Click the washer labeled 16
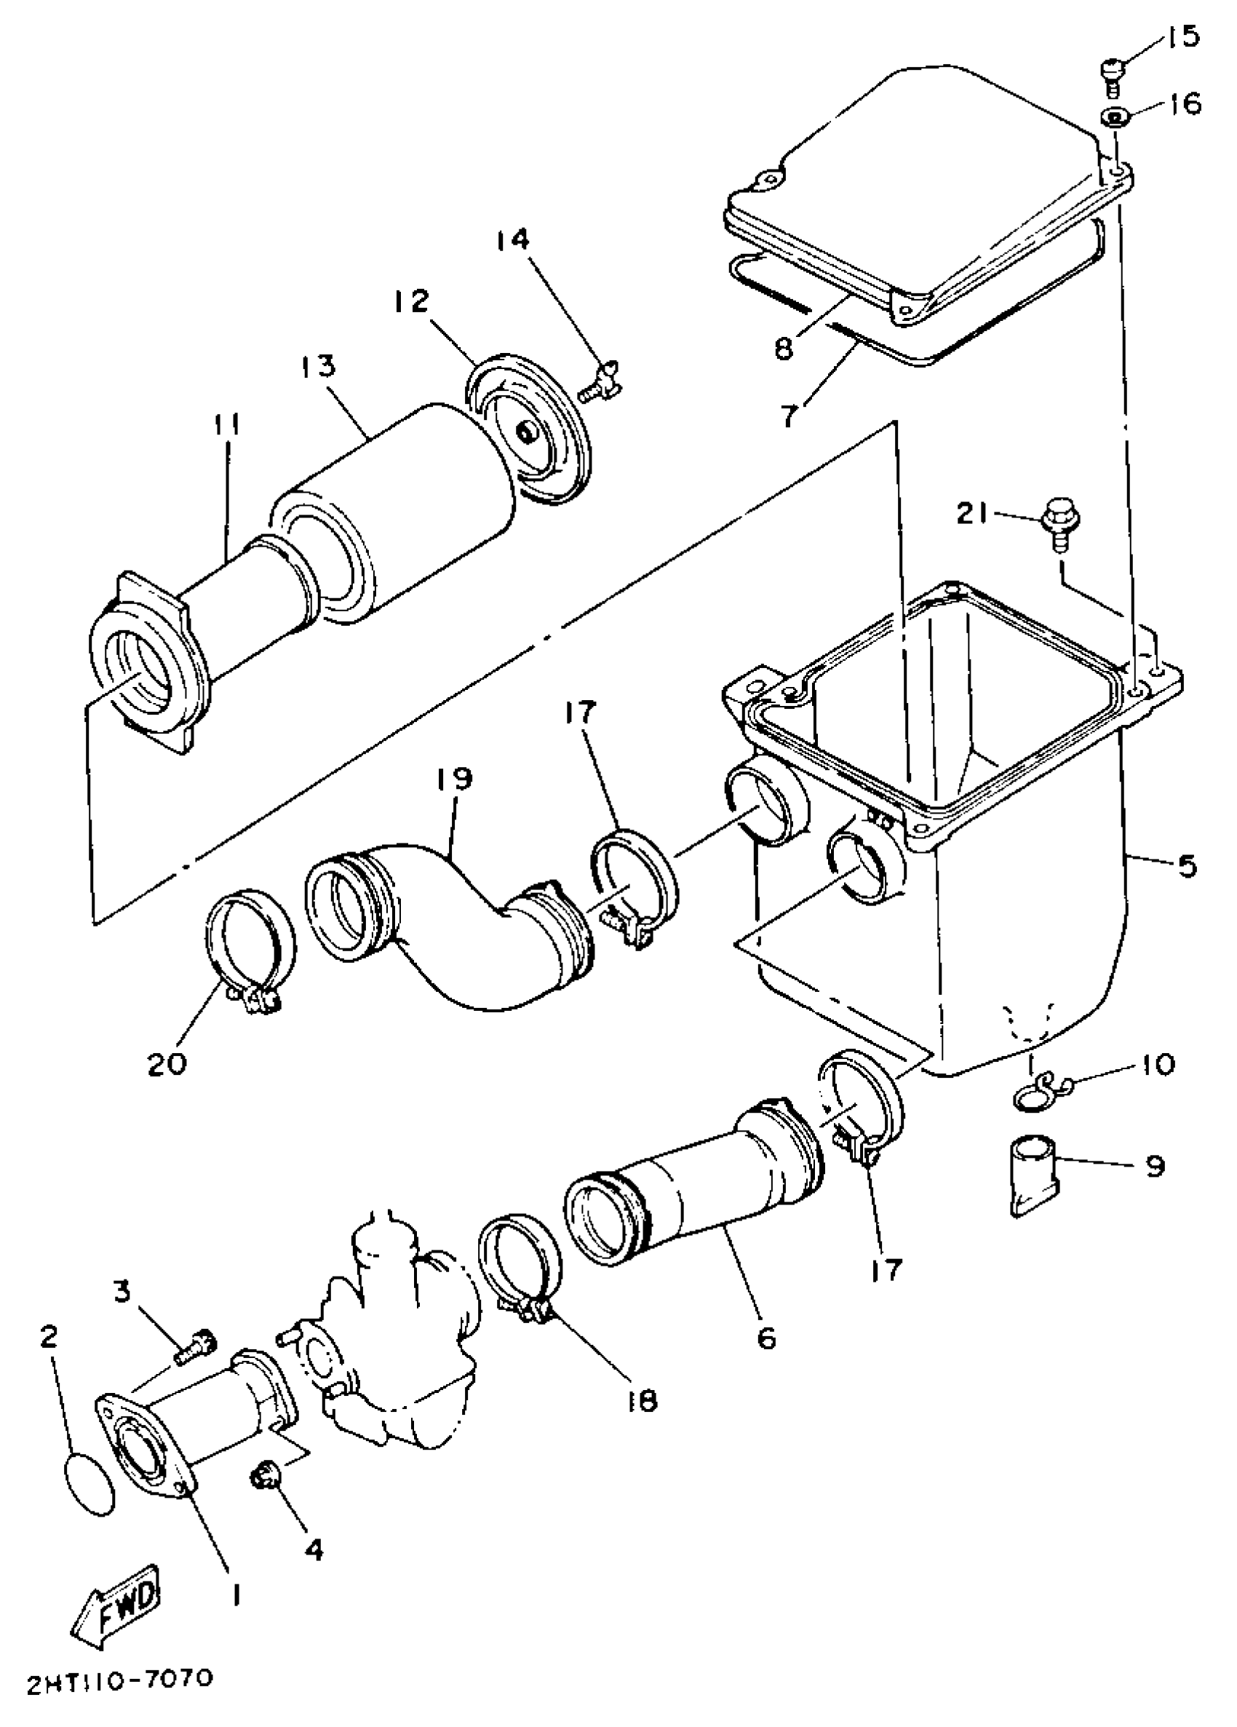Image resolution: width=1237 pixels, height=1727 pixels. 1113,118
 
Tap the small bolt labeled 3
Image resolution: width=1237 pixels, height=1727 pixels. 196,1346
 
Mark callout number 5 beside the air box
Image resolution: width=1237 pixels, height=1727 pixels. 1187,866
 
